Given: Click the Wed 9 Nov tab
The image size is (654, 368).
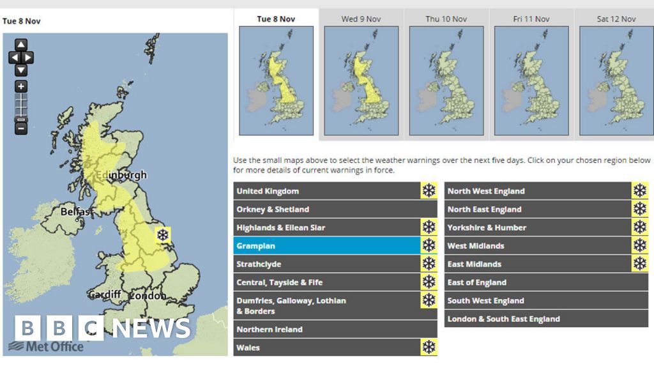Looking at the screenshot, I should tap(361, 19).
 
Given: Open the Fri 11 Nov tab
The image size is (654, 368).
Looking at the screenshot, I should tap(531, 19).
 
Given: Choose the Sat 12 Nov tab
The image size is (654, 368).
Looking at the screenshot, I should tap(616, 19).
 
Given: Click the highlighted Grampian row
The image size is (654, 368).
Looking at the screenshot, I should tap(326, 246).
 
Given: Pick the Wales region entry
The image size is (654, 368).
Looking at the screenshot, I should tap(326, 348).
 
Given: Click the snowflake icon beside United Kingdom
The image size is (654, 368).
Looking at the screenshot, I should tap(429, 191).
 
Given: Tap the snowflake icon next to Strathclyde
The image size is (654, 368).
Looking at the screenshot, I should tap(429, 264).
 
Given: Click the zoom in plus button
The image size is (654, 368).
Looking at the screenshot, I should tap(21, 86).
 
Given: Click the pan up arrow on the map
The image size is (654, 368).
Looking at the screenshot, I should tap(21, 45).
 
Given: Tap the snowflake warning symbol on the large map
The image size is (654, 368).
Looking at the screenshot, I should tap(163, 234).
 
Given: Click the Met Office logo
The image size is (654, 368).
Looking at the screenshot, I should tap(46, 346).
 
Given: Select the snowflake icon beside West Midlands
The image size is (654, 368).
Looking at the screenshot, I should tap(639, 246).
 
